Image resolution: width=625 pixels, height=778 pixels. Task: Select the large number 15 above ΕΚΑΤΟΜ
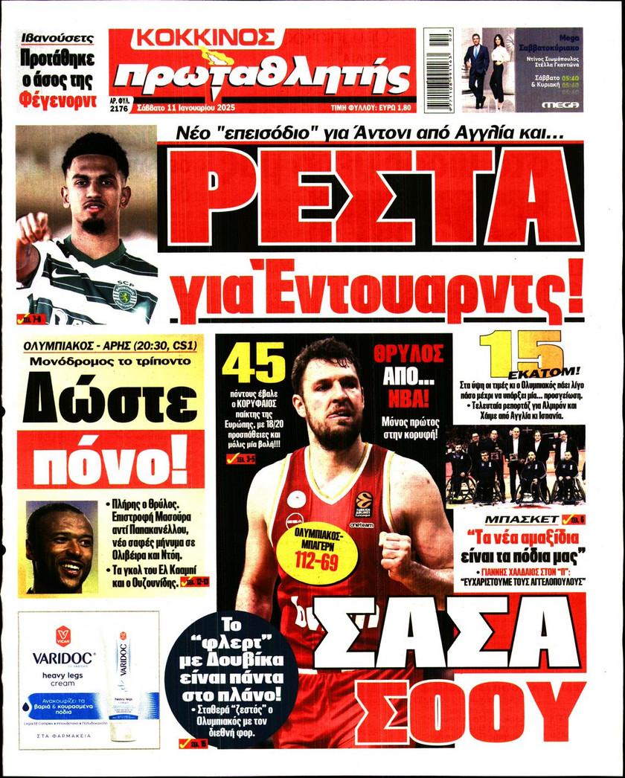click(x=520, y=352)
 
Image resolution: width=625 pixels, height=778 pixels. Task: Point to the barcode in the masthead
click(x=438, y=69)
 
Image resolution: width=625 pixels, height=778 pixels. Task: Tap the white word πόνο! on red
click(x=110, y=462)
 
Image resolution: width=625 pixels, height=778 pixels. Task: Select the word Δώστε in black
click(x=110, y=403)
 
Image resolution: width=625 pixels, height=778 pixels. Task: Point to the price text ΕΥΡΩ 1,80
click(x=388, y=108)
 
